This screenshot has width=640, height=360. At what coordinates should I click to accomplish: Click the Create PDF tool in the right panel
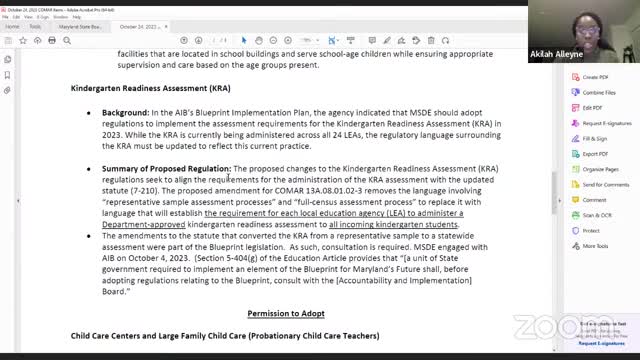tap(595, 77)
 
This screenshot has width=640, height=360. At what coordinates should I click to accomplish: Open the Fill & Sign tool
tap(594, 138)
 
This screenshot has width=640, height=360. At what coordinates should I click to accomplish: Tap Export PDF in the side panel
tap(595, 154)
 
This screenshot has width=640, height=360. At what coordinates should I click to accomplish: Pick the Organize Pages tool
tap(600, 169)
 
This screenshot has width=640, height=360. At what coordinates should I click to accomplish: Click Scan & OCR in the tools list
tap(596, 215)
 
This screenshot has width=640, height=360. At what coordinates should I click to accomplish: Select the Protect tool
tap(590, 230)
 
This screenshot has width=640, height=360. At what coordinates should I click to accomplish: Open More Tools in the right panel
tap(595, 246)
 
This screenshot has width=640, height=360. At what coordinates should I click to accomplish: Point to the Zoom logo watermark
tap(537, 324)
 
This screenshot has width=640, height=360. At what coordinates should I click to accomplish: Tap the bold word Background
tap(125, 113)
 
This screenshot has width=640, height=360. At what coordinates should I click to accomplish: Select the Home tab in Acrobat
tap(13, 27)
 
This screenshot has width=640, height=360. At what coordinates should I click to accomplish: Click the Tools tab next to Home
tap(35, 27)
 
